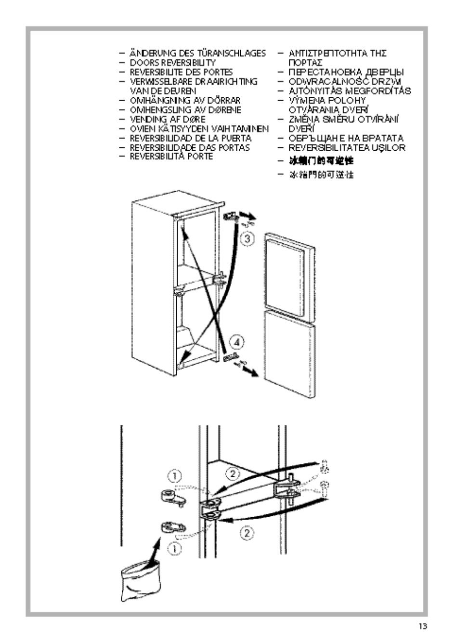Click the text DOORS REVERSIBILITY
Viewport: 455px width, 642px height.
172,63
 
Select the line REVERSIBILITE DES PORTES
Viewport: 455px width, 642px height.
181,72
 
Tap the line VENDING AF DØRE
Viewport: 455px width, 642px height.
168,119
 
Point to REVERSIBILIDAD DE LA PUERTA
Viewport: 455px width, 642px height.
190,138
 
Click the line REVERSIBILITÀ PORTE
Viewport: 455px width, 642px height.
171,157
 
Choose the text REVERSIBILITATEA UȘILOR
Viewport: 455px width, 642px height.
347,148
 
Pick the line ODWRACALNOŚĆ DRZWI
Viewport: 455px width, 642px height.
345,82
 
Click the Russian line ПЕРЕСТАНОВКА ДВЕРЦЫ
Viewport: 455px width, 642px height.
346,72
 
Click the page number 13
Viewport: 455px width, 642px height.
422,626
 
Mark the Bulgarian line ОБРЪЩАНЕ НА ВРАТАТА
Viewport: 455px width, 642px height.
346,138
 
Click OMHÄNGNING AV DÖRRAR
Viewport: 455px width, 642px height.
185,101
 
